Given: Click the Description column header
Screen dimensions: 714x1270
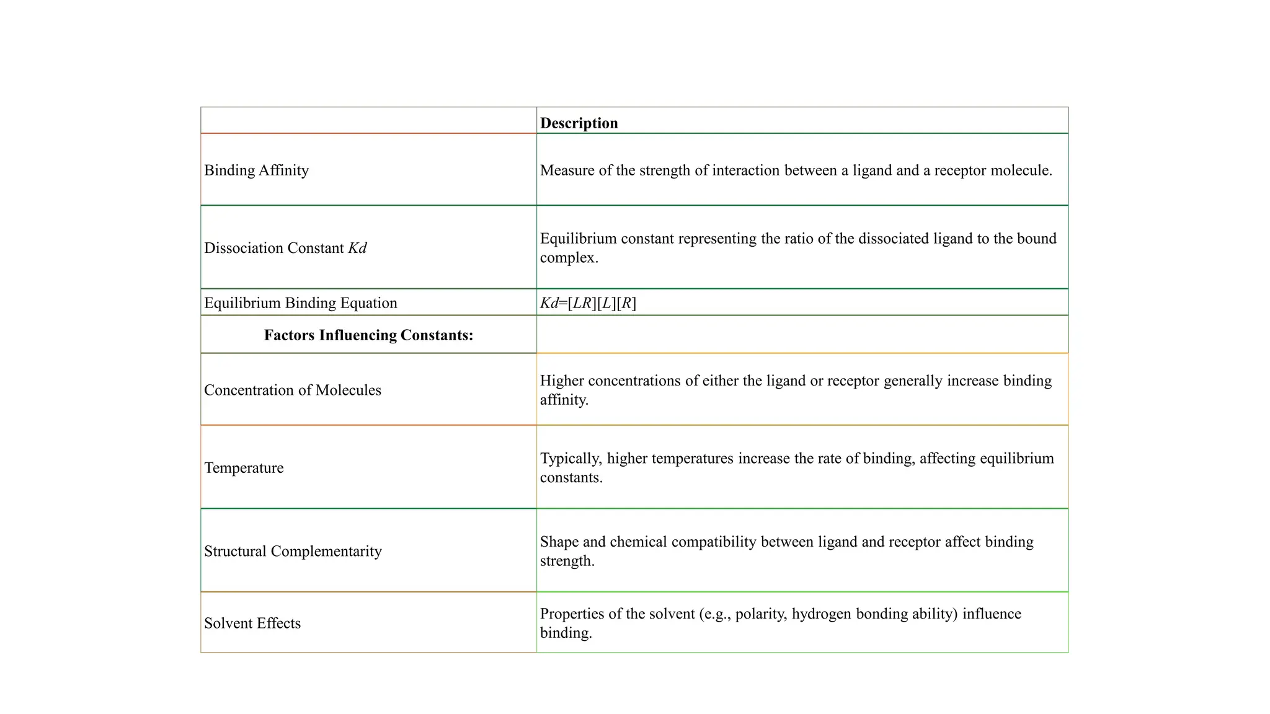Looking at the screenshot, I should pos(579,123).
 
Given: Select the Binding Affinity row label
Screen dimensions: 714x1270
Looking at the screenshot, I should pos(256,170).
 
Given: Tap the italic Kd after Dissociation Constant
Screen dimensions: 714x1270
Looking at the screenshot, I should pos(357,248).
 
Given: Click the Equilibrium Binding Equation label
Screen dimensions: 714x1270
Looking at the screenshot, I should pos(300,303).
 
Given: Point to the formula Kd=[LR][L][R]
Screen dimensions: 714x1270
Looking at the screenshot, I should pos(588,303).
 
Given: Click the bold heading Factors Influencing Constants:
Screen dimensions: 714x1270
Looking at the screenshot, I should pos(368,335).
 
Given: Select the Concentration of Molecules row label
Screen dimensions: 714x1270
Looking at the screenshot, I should pos(292,390).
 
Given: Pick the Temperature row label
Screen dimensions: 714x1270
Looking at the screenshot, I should pos(244,468).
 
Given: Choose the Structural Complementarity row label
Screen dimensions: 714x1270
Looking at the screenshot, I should pos(293,551).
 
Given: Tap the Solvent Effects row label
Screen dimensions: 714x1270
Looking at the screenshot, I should pos(252,623).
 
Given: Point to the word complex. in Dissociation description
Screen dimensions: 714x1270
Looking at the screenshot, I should pos(569,258).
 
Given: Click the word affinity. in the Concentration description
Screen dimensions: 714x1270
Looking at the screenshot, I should pos(564,400).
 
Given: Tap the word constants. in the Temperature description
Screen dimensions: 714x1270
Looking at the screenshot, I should pos(571,478).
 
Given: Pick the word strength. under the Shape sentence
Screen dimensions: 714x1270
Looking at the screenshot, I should pos(567,561).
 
